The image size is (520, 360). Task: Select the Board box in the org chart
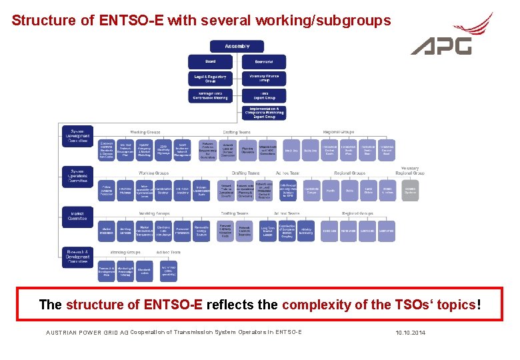pyautogui.click(x=211, y=61)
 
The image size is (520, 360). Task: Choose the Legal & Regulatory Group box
pyautogui.click(x=211, y=78)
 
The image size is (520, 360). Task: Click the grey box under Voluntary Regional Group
pyautogui.click(x=410, y=190)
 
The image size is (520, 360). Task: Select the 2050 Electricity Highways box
pyautogui.click(x=163, y=151)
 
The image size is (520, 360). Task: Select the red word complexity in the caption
pyautogui.click(x=316, y=305)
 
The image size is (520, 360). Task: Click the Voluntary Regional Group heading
pyautogui.click(x=409, y=172)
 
